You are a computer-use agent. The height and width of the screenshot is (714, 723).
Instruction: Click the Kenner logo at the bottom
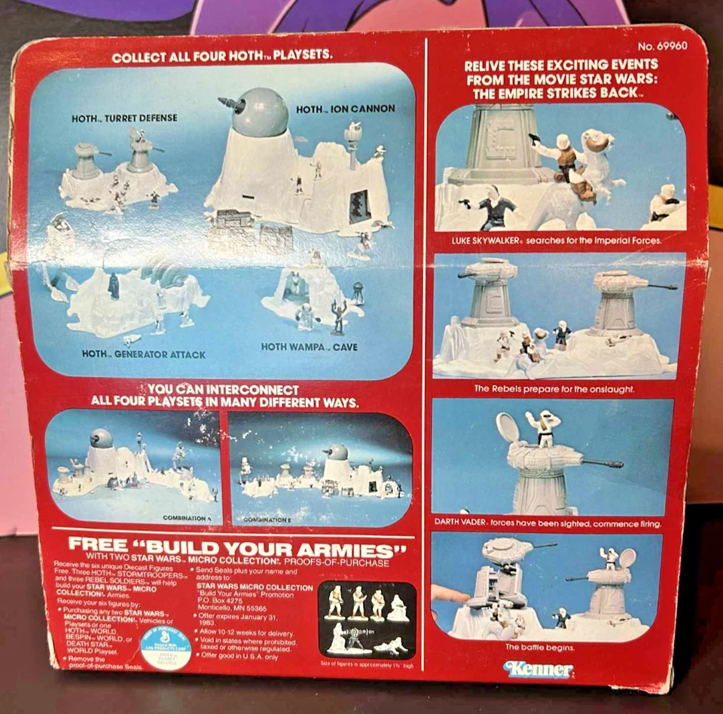[x=539, y=669]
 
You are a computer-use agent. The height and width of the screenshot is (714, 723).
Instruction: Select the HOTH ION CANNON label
[x=345, y=109]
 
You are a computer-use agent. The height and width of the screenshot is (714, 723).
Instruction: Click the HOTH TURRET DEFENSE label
[x=124, y=118]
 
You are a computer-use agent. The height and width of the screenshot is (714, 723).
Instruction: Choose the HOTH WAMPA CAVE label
[x=309, y=347]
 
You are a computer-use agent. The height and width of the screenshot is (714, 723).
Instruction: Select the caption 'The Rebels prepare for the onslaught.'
[x=554, y=389]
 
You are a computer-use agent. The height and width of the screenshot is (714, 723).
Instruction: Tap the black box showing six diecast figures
[x=367, y=619]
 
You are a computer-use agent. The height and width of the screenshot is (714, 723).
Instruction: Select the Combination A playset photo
[x=133, y=467]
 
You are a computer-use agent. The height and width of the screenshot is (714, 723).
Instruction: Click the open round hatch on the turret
[x=508, y=427]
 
